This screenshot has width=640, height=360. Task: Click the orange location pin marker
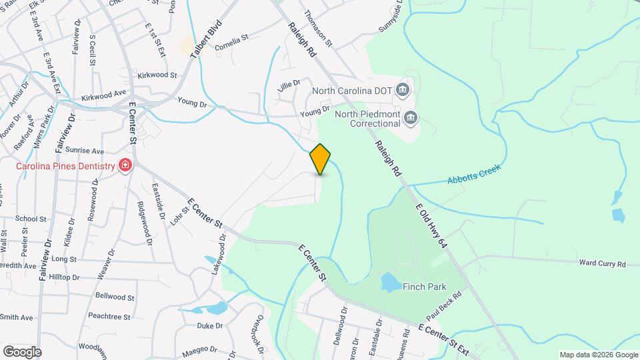coord(321,159)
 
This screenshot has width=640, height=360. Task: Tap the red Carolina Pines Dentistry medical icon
coord(125,165)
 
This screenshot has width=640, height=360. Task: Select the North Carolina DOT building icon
coord(402,89)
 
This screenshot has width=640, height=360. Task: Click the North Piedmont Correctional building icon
coord(410,119)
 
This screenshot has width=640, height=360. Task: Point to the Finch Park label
coord(424,287)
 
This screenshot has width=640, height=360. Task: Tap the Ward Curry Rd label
coord(602,264)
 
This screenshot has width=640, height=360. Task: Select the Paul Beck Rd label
coord(445,303)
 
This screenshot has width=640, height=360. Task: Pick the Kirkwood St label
coord(157,76)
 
